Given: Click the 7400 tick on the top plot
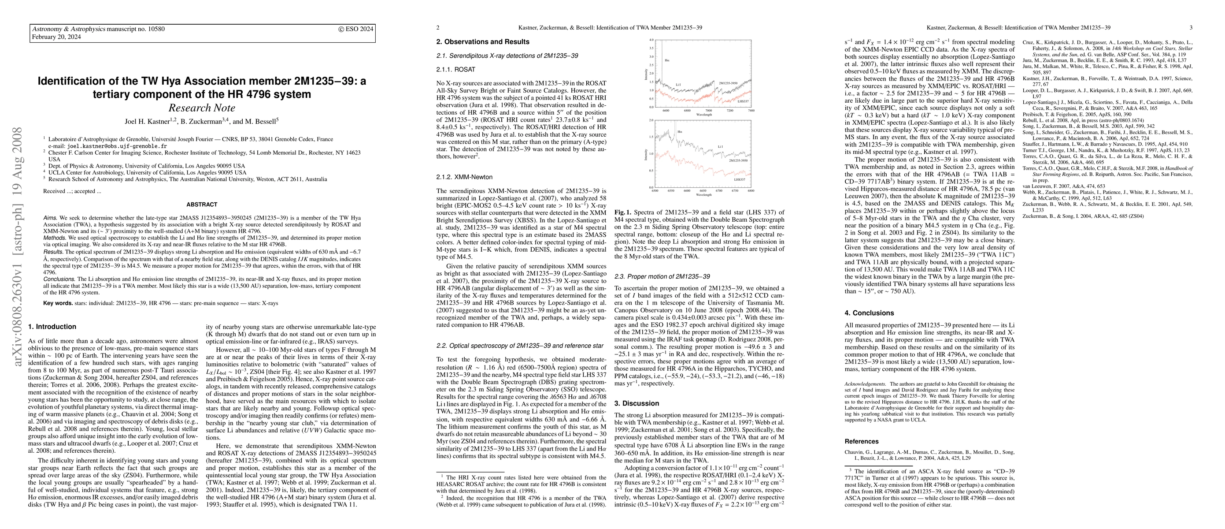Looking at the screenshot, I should [x=751, y=110].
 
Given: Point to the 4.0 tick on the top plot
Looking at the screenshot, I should [x=652, y=40].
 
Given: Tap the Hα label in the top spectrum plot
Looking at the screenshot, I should [x=667, y=61].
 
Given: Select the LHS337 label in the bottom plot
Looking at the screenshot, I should [x=739, y=179].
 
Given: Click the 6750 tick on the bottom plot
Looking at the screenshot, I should [x=735, y=191].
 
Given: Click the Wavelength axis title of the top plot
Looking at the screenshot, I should [x=704, y=115].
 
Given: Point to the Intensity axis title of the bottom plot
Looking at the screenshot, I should [x=646, y=154].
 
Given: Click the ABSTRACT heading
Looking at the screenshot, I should [x=202, y=205].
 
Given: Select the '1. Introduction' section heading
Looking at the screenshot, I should [x=52, y=327].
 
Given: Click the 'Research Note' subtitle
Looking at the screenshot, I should [x=202, y=108].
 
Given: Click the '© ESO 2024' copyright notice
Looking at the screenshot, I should [x=356, y=29].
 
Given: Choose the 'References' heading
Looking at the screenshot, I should [x=861, y=441].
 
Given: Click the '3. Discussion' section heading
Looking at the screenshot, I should [x=637, y=403].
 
